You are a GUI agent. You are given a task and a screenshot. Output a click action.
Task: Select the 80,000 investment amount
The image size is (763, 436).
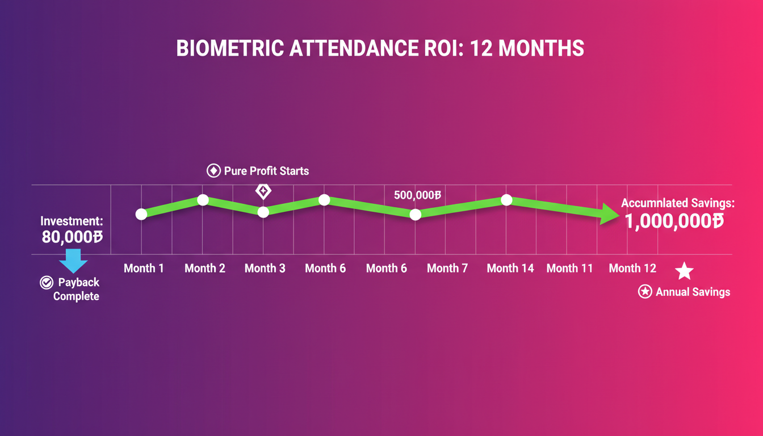pos(72,237)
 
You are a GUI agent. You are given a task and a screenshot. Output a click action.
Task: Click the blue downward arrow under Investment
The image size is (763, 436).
pos(73,261)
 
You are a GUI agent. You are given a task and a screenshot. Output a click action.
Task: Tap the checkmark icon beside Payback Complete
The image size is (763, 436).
pos(47,283)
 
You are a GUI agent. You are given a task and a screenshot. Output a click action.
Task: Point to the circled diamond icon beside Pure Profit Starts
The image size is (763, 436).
pos(213,171)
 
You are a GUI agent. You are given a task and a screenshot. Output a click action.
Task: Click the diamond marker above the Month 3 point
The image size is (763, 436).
pos(263,191)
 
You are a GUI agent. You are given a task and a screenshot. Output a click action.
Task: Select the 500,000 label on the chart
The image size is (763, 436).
pos(417,195)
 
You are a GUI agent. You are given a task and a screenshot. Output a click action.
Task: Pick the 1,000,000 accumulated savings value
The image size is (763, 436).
pos(674,221)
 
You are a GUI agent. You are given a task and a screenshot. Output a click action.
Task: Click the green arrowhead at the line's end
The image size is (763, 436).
pos(610,215)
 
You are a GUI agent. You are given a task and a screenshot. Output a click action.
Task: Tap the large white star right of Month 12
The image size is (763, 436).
pos(684,271)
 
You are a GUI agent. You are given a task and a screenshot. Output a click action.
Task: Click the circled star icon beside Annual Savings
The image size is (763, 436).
pos(644,292)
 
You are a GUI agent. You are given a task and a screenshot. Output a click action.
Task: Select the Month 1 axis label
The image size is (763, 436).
pos(144,269)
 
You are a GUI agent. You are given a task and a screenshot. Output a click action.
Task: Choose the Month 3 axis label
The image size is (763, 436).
pos(265,269)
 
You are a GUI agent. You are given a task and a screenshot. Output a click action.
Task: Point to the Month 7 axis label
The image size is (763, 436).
pos(447,269)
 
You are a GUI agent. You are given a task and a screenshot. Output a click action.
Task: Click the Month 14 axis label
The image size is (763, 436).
pos(510,269)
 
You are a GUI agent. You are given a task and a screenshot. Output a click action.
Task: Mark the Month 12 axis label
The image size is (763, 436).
pos(632,269)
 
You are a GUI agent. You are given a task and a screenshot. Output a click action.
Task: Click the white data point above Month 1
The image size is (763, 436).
pos(141,214)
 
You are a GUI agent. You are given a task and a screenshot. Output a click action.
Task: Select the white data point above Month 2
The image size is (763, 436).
pos(203,200)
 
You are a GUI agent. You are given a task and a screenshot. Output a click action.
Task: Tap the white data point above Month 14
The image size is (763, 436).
pos(507,200)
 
